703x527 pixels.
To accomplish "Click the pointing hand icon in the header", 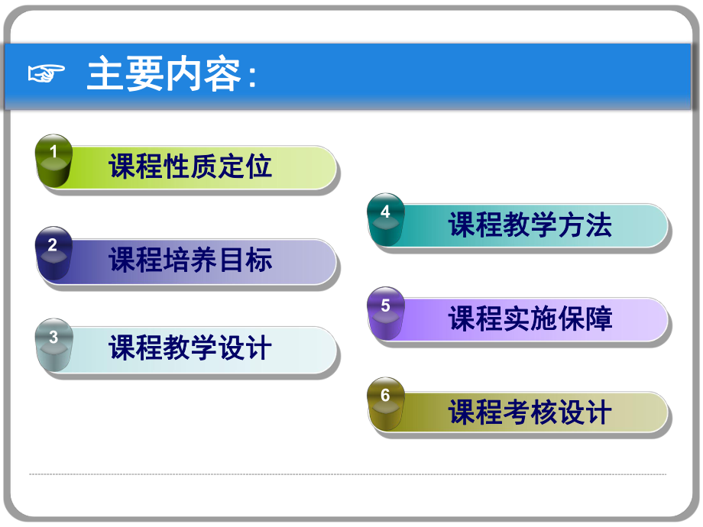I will click(x=47, y=75).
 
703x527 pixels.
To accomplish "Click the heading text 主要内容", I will click(x=164, y=75).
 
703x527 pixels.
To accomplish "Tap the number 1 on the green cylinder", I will click(x=53, y=152).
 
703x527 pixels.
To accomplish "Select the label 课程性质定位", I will click(x=190, y=166).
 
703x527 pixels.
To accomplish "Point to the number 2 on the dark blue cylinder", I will click(x=53, y=245).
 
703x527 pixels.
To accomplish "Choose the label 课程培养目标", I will click(x=190, y=260).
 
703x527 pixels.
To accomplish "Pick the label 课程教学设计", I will click(x=190, y=348).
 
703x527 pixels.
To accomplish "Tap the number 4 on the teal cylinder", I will click(x=385, y=212).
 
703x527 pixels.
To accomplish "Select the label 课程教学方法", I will click(x=530, y=225).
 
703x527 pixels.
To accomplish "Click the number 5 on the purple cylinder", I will click(x=385, y=306).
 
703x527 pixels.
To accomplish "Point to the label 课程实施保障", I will click(x=530, y=318).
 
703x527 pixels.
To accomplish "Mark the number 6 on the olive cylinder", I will click(x=385, y=396).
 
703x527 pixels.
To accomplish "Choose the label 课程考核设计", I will click(x=530, y=412).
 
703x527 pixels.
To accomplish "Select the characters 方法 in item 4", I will click(x=585, y=225).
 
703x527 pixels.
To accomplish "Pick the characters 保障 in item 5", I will click(x=585, y=318).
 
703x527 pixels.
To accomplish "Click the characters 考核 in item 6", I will click(x=530, y=412).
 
